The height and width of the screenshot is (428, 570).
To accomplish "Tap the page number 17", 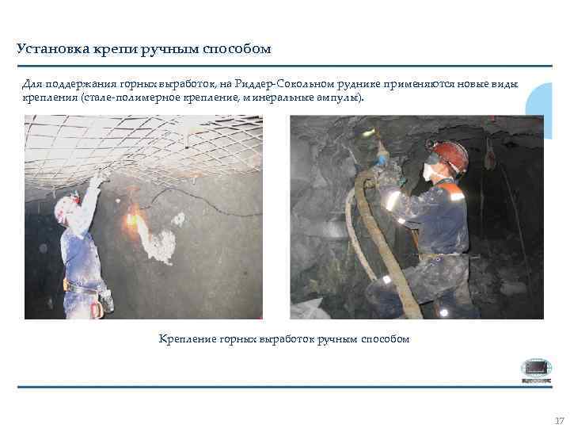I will coord(559,420).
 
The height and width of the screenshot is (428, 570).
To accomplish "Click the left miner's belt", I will coord(81,287).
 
